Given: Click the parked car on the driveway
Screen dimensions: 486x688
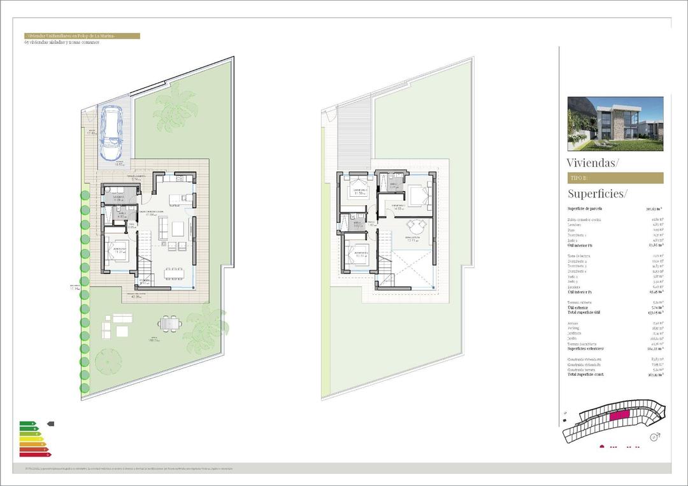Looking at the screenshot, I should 113,132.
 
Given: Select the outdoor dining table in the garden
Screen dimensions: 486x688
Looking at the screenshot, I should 169,324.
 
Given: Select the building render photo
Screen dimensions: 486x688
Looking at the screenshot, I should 615,123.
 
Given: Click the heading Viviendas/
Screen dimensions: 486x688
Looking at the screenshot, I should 592,162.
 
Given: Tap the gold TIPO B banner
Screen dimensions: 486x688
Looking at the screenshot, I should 615,178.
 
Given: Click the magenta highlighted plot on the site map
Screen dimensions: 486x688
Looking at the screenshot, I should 619,416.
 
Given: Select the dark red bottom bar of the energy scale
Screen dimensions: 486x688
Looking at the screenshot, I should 35,454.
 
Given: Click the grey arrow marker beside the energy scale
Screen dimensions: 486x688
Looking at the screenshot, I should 51,424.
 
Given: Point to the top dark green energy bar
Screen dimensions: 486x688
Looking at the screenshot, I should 27,424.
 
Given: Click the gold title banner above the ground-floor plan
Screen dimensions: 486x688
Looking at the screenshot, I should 81,36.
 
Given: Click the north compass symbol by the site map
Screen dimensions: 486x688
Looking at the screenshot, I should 654,437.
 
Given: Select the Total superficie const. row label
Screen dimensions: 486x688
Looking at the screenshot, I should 585,375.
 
